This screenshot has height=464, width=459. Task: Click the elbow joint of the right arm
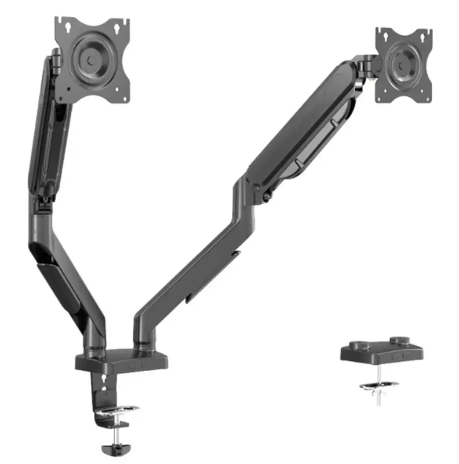pyautogui.click(x=246, y=191)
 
